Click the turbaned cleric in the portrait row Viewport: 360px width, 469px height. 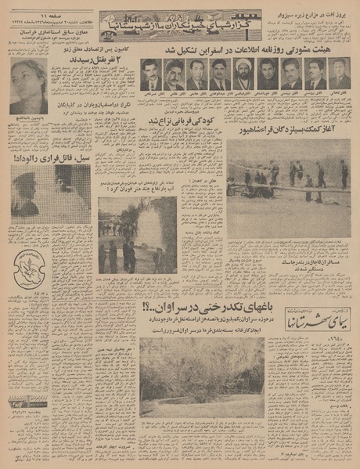243,73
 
